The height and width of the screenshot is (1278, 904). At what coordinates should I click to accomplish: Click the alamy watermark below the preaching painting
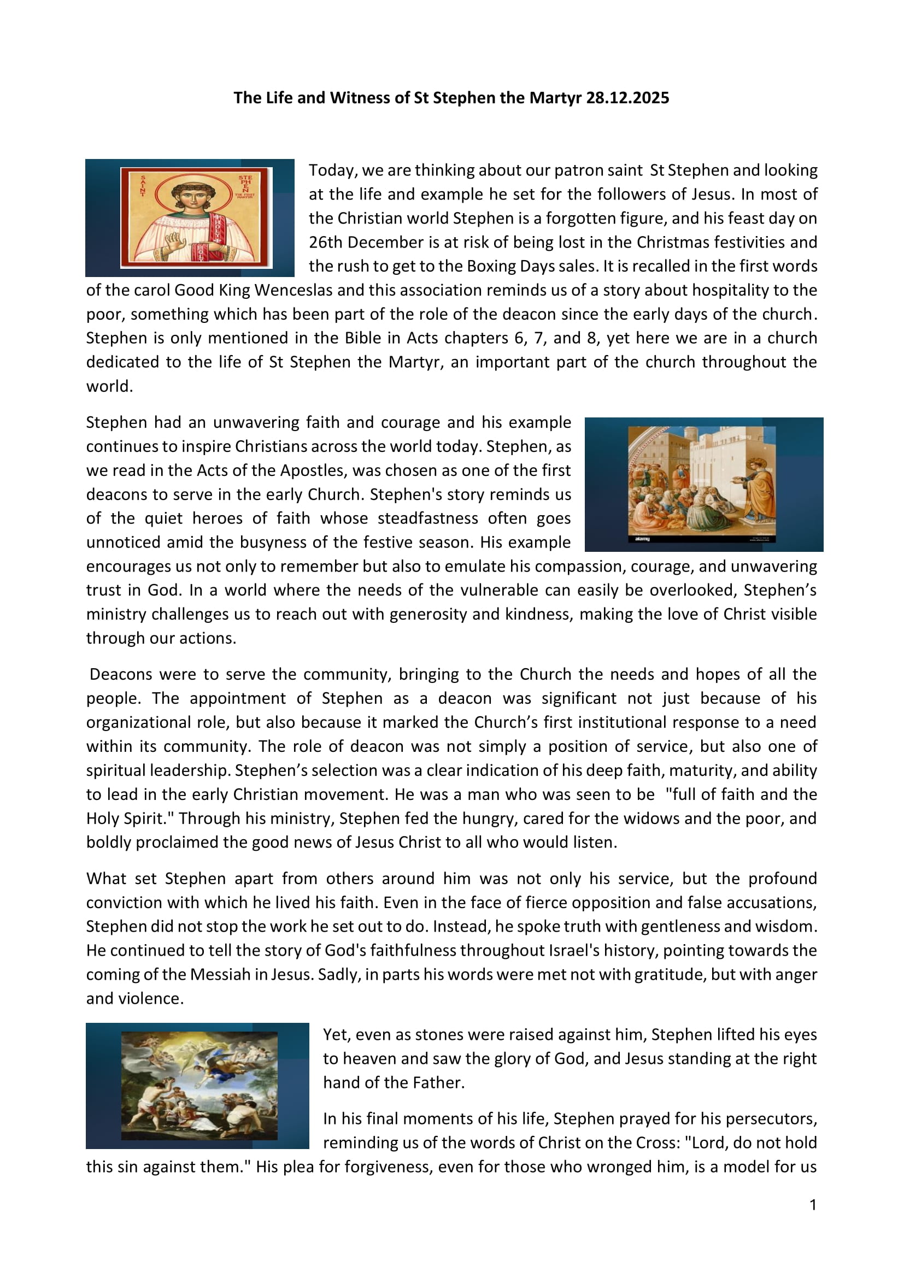tap(642, 539)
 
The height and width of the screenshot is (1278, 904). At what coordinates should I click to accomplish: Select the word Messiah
tap(220, 975)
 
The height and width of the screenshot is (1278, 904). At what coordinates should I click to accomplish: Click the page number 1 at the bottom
tap(813, 1206)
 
